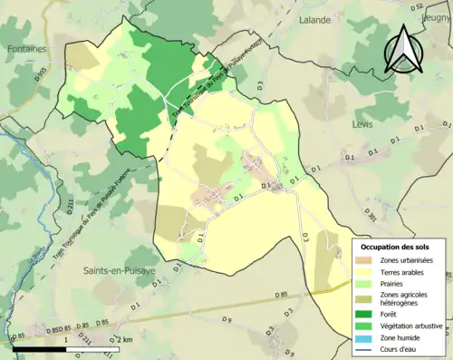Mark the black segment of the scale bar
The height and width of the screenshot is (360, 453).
click(42, 346)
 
